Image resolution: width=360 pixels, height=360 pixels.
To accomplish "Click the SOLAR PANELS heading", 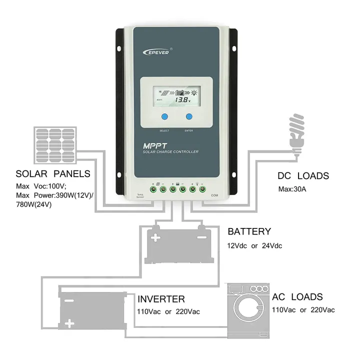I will pyautogui.click(x=53, y=174).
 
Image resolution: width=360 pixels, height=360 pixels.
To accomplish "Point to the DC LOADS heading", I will pyautogui.click(x=303, y=176).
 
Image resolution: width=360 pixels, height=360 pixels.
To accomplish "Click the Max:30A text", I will pyautogui.click(x=293, y=190).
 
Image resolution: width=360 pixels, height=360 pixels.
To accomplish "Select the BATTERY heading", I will pyautogui.click(x=249, y=232).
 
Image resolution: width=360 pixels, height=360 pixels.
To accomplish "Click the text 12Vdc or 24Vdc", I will pyautogui.click(x=254, y=246).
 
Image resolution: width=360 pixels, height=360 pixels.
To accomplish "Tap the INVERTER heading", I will pyautogui.click(x=161, y=299).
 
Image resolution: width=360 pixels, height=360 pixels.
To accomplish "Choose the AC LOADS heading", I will pyautogui.click(x=297, y=297).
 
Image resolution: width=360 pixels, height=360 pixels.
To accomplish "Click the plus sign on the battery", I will pyautogui.click(x=155, y=238).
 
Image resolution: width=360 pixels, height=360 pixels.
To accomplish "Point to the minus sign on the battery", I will pyautogui.click(x=202, y=235).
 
